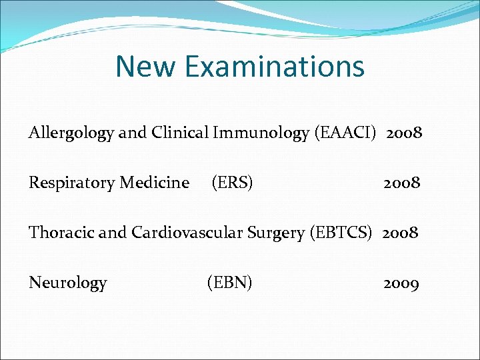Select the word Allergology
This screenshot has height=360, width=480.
point(71,133)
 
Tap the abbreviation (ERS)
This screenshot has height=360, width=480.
point(232,183)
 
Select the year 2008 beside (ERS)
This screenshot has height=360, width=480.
point(401,183)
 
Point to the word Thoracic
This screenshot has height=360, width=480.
point(61,233)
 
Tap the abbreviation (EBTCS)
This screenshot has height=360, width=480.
point(341,233)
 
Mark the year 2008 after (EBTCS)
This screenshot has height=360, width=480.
point(400,233)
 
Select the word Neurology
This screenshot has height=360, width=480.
point(67,283)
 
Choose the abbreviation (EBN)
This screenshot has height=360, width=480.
point(230,283)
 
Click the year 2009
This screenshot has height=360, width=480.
point(401,283)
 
